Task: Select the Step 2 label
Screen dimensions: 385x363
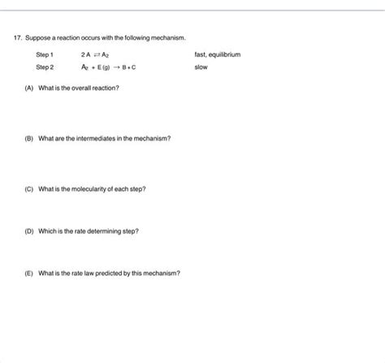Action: point(45,67)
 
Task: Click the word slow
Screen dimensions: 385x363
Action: point(201,67)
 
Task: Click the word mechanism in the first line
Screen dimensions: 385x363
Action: point(169,38)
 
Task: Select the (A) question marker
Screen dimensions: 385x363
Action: point(29,88)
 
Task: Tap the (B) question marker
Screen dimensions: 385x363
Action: point(29,138)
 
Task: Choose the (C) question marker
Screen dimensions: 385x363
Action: point(29,188)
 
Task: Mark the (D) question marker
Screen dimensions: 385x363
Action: point(29,231)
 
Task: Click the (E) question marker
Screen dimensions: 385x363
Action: point(29,273)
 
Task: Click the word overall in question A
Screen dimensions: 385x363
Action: point(78,88)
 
